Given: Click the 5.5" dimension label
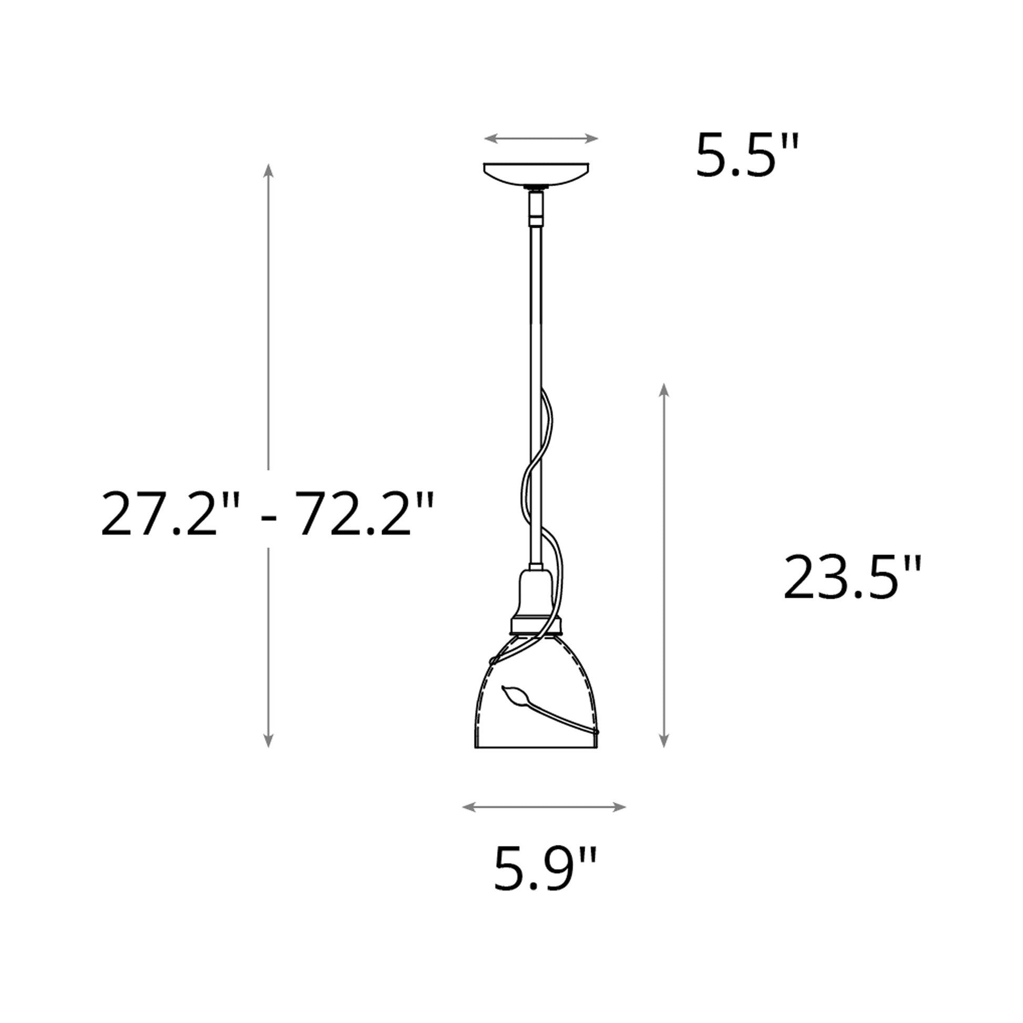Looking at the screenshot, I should [746, 156].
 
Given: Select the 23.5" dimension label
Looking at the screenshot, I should [852, 578].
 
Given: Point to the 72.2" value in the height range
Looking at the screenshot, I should [364, 513].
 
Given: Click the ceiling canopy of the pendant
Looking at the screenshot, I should [536, 173].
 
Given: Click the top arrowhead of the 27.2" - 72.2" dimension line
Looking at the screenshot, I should [269, 169].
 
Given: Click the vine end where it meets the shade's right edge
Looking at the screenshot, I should [597, 732].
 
